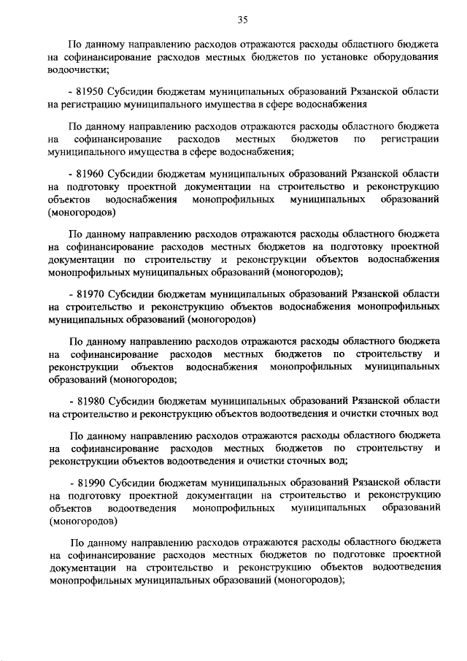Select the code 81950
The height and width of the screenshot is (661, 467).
point(92,92)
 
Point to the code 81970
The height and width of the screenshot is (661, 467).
point(92,294)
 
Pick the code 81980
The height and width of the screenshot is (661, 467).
point(92,400)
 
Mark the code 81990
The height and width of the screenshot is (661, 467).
point(92,482)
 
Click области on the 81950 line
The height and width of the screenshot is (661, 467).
point(420,92)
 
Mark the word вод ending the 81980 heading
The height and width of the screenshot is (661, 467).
point(430,413)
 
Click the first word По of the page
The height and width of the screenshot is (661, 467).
point(76,44)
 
